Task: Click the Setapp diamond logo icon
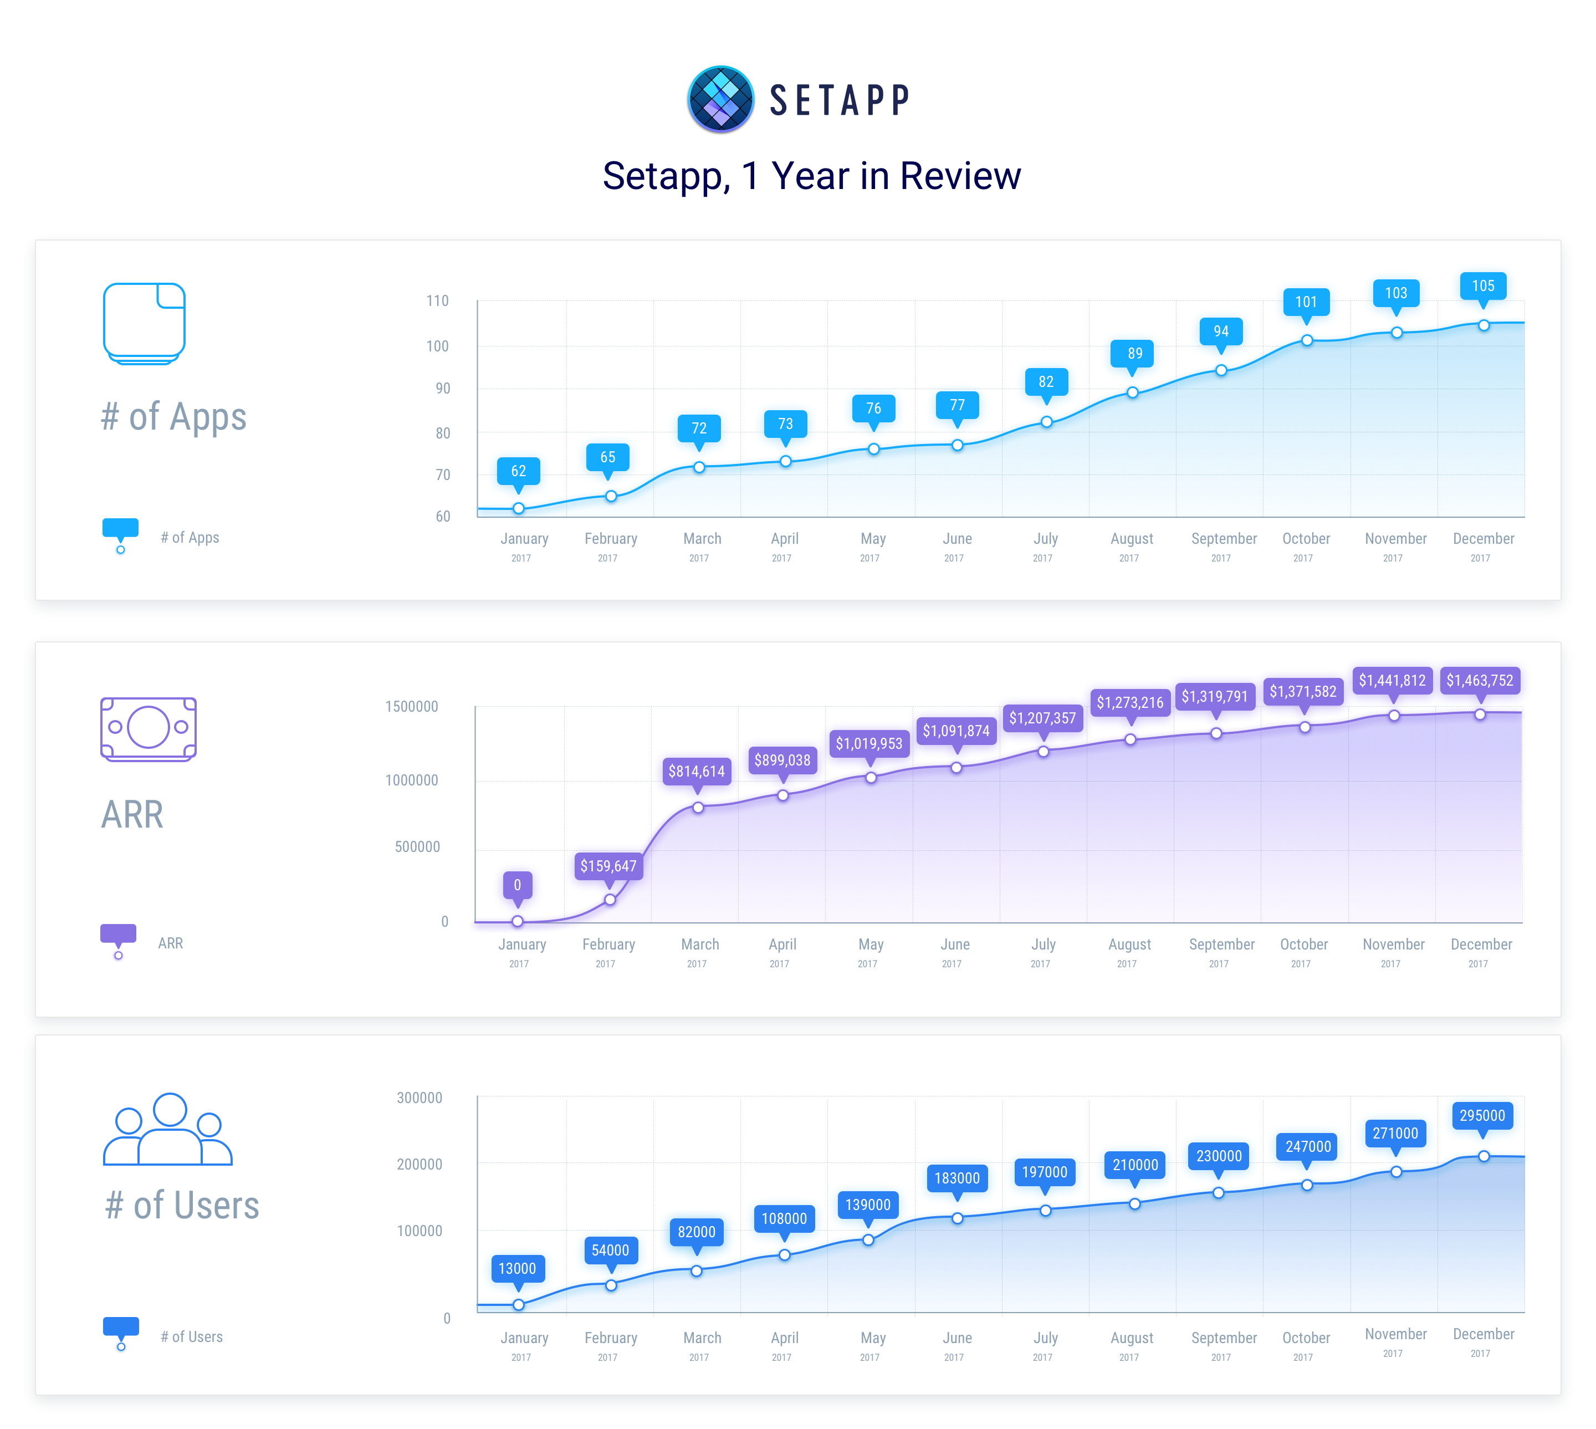tap(720, 99)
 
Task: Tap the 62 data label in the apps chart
tap(518, 471)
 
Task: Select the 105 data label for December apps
tap(1482, 286)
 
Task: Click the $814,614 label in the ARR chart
tap(697, 771)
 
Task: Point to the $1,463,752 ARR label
tap(1479, 681)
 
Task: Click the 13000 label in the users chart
tap(518, 1269)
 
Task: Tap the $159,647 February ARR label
tap(608, 866)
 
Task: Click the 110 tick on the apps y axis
tap(437, 301)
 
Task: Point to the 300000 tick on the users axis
tap(419, 1098)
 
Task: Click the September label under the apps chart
tap(1223, 539)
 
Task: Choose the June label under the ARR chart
tap(955, 945)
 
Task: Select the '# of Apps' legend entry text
tap(190, 538)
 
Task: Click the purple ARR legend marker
tap(119, 935)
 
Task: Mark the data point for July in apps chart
tap(1046, 422)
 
